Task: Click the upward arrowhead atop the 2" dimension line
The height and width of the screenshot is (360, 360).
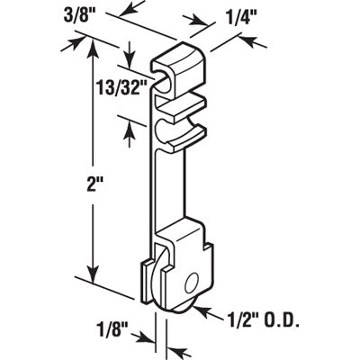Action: [92, 45]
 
